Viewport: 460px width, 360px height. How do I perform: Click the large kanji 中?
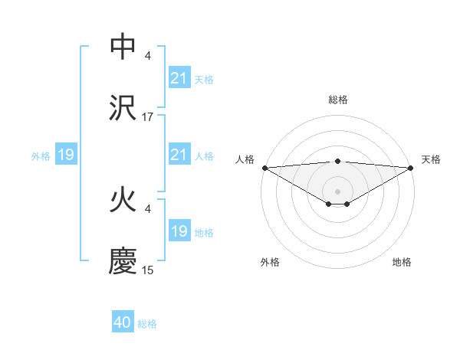pyautogui.click(x=123, y=46)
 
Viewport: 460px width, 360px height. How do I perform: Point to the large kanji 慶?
pyautogui.click(x=123, y=260)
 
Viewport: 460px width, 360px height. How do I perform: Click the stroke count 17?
pyautogui.click(x=148, y=117)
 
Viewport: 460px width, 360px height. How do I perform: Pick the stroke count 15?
pyautogui.click(x=148, y=270)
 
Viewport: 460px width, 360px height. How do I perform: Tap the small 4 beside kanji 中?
pyautogui.click(x=148, y=56)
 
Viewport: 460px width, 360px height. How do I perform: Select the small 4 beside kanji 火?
pyautogui.click(x=148, y=208)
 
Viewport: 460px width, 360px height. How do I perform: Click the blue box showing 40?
pyautogui.click(x=123, y=322)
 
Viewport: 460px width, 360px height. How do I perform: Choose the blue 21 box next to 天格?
pyautogui.click(x=179, y=78)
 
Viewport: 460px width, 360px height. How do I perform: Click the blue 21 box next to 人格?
pyautogui.click(x=179, y=155)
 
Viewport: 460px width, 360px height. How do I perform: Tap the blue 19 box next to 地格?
pyautogui.click(x=179, y=231)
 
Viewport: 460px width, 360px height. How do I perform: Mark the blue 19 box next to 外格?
pyautogui.click(x=66, y=155)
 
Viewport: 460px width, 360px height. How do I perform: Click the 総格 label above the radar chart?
pyautogui.click(x=338, y=100)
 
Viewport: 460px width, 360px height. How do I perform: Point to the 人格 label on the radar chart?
pyautogui.click(x=245, y=159)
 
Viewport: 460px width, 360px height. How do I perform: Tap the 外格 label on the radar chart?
pyautogui.click(x=270, y=262)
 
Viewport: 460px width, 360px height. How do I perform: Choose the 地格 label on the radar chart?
pyautogui.click(x=402, y=262)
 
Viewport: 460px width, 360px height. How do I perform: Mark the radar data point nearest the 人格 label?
pyautogui.click(x=264, y=167)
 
